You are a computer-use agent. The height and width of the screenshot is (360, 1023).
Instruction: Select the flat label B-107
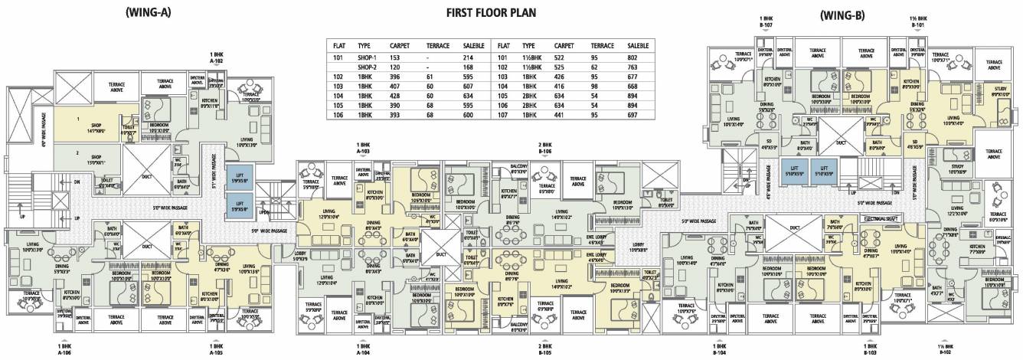click(x=765, y=24)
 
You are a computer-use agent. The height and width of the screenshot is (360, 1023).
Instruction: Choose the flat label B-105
click(x=544, y=352)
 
